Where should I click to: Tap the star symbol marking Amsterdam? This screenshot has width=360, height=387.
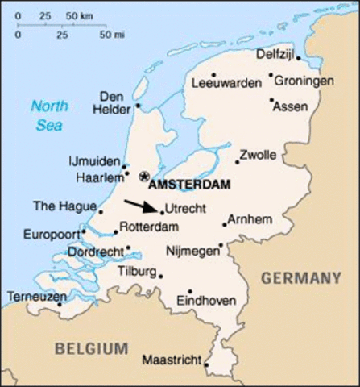(x=144, y=176)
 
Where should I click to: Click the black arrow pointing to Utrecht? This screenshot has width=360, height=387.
(x=142, y=206)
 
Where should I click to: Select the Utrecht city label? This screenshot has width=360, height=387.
(x=184, y=208)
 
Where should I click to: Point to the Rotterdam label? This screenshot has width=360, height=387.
(x=149, y=228)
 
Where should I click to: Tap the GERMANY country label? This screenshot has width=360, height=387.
(x=301, y=278)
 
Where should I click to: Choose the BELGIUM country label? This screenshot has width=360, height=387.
(x=92, y=348)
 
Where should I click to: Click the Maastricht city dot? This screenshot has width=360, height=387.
(x=206, y=364)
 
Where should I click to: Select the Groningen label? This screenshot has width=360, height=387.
(x=304, y=81)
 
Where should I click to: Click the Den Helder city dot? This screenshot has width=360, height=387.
(x=139, y=104)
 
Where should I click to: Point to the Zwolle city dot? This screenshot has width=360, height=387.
(x=237, y=161)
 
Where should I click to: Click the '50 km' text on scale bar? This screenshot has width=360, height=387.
(x=78, y=16)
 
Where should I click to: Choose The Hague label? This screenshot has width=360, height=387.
(x=56, y=206)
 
